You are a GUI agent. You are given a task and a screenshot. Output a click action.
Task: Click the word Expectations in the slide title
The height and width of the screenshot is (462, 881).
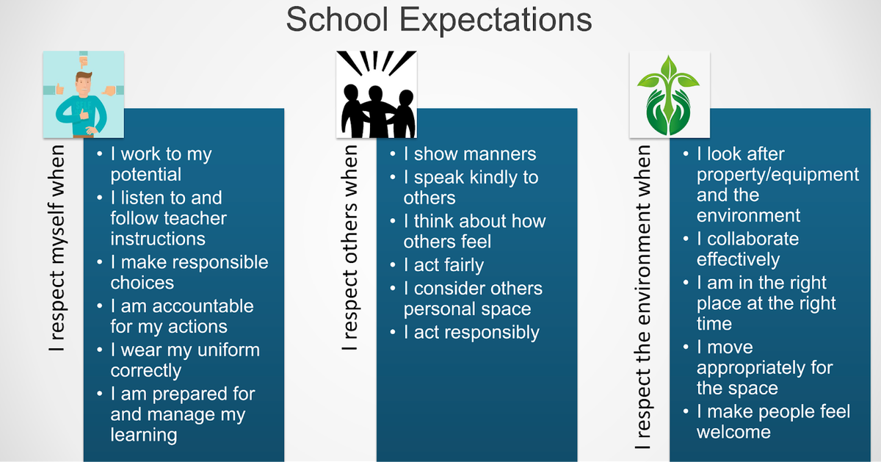pyautogui.click(x=496, y=21)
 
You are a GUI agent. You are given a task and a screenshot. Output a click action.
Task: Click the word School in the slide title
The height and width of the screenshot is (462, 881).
pyautogui.click(x=337, y=19)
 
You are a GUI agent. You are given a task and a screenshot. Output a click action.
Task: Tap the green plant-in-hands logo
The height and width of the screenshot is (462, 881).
pyautogui.click(x=670, y=95)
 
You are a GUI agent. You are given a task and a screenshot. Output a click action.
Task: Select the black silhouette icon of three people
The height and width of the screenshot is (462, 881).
pyautogui.click(x=377, y=95)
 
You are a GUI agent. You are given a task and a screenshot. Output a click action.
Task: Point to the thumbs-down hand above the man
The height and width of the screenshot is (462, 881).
pyautogui.click(x=84, y=59)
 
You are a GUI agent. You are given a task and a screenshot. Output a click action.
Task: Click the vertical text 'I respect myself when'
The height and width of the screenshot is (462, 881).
pyautogui.click(x=57, y=248)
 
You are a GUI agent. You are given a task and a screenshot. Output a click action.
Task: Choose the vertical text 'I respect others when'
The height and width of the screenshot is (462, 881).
pyautogui.click(x=349, y=248)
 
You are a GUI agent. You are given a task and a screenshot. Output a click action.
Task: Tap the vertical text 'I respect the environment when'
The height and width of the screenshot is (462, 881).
pyautogui.click(x=642, y=297)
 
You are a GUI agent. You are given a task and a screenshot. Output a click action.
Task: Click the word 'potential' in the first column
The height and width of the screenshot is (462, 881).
pyautogui.click(x=146, y=174)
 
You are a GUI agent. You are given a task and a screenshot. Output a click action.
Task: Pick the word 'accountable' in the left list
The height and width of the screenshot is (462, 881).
pyautogui.click(x=203, y=306)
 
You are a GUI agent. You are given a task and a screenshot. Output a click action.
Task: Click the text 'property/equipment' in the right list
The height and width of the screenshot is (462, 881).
pyautogui.click(x=778, y=175)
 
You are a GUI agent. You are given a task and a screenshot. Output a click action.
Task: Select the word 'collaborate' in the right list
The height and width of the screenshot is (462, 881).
pyautogui.click(x=753, y=239)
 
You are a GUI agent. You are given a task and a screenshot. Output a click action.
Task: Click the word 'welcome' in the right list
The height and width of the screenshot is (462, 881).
pyautogui.click(x=734, y=433)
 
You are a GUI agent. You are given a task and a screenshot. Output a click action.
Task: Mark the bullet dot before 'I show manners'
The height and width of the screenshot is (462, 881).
pyautogui.click(x=393, y=154)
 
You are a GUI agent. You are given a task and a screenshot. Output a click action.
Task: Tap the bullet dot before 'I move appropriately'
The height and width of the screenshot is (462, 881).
pyautogui.click(x=686, y=347)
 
